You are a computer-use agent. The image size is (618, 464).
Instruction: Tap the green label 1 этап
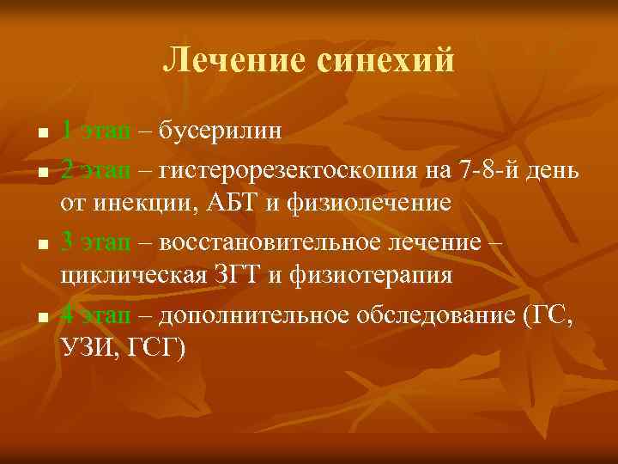coord(96,131)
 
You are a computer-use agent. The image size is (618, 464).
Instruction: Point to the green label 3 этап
coord(96,241)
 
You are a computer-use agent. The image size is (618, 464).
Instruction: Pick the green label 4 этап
coord(96,314)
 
